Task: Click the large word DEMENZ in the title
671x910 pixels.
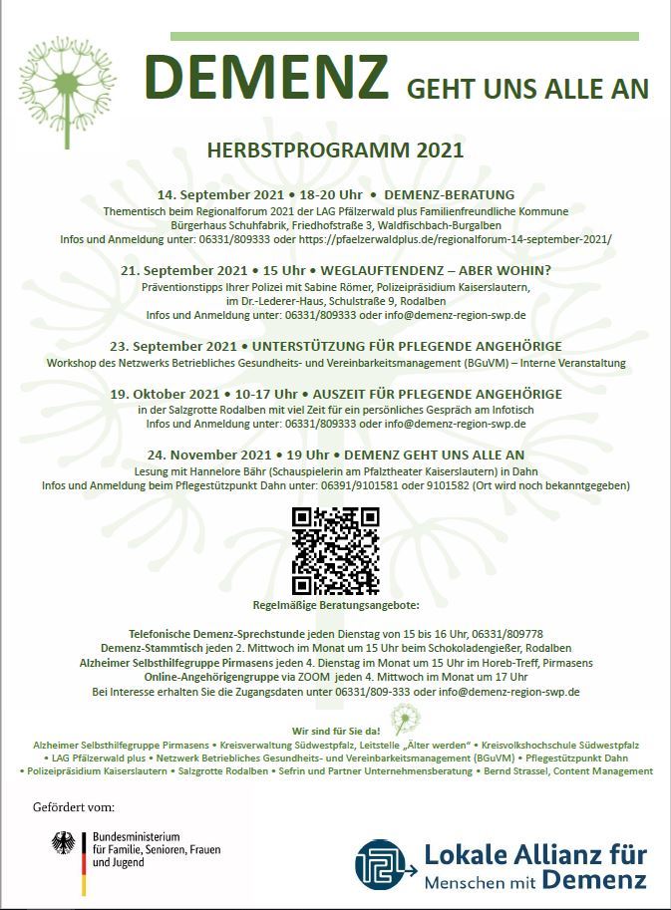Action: (x=266, y=79)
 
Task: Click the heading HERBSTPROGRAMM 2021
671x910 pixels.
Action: (x=335, y=151)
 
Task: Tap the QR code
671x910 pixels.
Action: (x=335, y=551)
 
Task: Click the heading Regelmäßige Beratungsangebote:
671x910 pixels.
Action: (x=336, y=605)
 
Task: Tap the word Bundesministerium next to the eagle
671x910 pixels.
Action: (x=136, y=835)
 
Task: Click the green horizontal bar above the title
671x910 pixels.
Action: (x=404, y=37)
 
